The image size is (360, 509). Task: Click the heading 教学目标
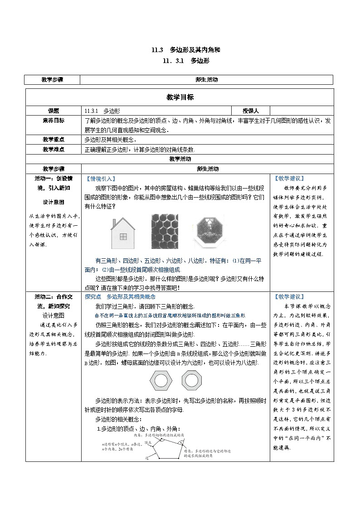pyautogui.click(x=180, y=97)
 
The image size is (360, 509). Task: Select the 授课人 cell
pyautogui.click(x=250, y=111)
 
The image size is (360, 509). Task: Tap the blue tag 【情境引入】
pyautogui.click(x=101, y=179)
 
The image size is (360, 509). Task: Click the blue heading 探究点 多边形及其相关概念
pyautogui.click(x=120, y=296)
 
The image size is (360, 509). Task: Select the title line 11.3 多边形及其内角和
pyautogui.click(x=180, y=50)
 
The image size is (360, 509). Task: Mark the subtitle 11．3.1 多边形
pyautogui.click(x=180, y=60)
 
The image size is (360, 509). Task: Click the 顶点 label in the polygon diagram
pyautogui.click(x=148, y=442)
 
